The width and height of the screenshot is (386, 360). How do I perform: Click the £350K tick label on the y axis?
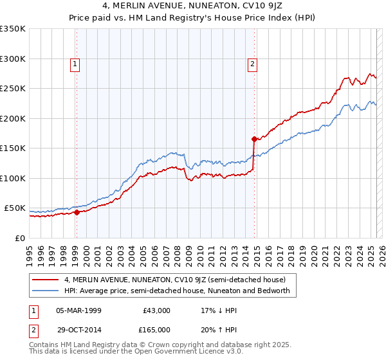coord(13,29)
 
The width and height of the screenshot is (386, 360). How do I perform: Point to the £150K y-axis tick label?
coord(13,148)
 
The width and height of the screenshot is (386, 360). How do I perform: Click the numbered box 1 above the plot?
coord(76,64)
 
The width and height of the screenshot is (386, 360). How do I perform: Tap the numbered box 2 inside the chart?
coord(253,64)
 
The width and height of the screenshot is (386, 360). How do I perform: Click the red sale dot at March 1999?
coord(77,212)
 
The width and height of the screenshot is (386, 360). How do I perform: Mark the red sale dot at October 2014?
coord(255,139)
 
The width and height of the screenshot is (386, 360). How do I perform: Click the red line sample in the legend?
coord(46,280)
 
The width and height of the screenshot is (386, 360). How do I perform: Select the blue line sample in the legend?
coord(46,291)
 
